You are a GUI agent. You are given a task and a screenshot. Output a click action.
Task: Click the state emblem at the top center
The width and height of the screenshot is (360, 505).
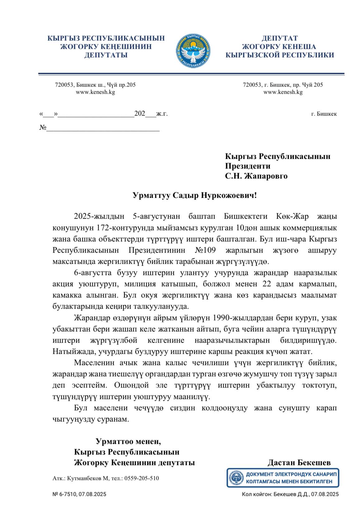193,51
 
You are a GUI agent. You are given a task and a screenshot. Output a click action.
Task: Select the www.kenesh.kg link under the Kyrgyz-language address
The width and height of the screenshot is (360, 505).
95,92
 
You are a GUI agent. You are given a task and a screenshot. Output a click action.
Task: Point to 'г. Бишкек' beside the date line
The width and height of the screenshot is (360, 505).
324,114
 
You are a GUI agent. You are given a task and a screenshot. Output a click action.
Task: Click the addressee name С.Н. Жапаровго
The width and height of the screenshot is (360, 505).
256,176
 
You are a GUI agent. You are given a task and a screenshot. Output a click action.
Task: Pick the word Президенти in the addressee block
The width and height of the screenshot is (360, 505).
247,166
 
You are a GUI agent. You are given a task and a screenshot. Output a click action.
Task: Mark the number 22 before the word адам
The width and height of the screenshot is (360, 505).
267,284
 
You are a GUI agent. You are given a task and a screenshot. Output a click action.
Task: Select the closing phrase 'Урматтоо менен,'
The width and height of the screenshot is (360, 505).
128,441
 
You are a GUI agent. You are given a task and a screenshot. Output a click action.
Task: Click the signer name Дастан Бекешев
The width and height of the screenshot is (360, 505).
299,463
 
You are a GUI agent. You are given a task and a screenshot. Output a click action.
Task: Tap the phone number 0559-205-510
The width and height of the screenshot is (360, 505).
142,478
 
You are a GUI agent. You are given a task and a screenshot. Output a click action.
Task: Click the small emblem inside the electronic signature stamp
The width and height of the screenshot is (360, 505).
236,478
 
